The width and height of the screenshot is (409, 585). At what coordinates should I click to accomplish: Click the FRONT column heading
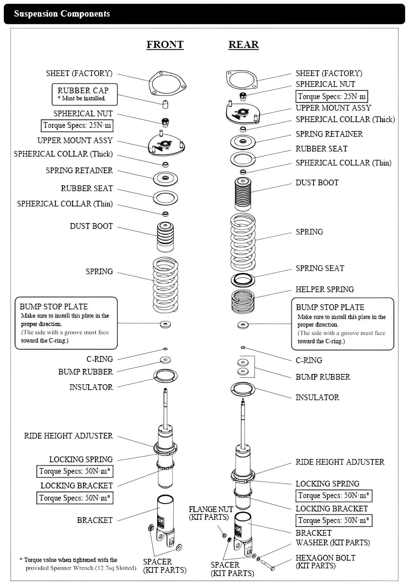(x=165, y=44)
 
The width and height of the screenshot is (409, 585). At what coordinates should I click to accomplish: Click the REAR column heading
(x=243, y=44)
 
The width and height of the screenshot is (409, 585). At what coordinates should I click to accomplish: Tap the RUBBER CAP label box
(x=84, y=94)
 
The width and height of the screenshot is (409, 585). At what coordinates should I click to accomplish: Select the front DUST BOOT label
(x=91, y=226)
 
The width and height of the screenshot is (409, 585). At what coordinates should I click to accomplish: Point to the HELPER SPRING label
(x=325, y=290)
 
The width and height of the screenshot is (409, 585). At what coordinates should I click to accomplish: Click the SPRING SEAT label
(x=320, y=269)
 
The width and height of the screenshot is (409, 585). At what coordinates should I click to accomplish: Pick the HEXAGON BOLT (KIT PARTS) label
(x=325, y=562)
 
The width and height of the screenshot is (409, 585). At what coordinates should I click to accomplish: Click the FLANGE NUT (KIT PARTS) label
(x=211, y=513)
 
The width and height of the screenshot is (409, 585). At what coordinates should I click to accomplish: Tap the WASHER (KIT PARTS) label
(x=333, y=542)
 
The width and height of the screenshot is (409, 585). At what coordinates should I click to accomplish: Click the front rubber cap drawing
(x=165, y=105)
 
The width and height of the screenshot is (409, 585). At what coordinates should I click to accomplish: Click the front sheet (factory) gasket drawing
(x=167, y=83)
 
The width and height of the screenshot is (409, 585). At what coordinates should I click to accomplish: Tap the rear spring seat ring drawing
(x=243, y=280)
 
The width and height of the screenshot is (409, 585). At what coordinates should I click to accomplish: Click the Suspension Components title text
(x=62, y=14)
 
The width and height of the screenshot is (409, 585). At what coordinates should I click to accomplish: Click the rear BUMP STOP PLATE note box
(x=342, y=324)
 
